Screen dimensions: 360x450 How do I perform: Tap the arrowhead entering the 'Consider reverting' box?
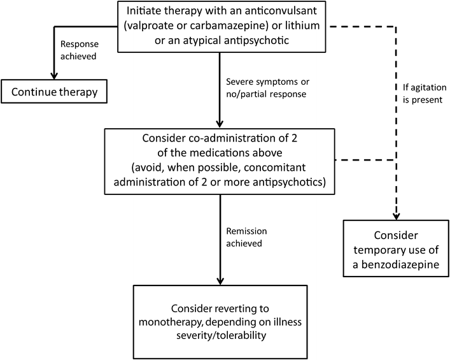click(220, 280)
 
